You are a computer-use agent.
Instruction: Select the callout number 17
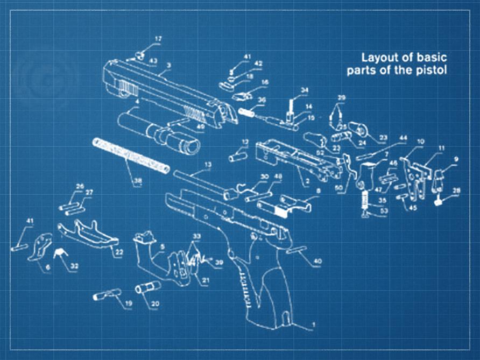pyautogui.click(x=158, y=39)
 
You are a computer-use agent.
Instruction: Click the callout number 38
pyautogui.click(x=138, y=181)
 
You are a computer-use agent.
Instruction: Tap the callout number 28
pyautogui.click(x=456, y=190)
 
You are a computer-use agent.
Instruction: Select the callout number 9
pyautogui.click(x=455, y=159)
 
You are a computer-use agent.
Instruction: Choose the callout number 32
pyautogui.click(x=74, y=265)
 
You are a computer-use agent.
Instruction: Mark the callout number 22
pyautogui.click(x=119, y=252)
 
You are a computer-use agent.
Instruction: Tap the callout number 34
pyautogui.click(x=305, y=90)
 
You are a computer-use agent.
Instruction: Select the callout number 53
pyautogui.click(x=383, y=211)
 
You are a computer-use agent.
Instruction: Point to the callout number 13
pyautogui.click(x=208, y=164)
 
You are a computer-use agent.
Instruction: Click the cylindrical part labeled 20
pyautogui.click(x=144, y=288)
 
